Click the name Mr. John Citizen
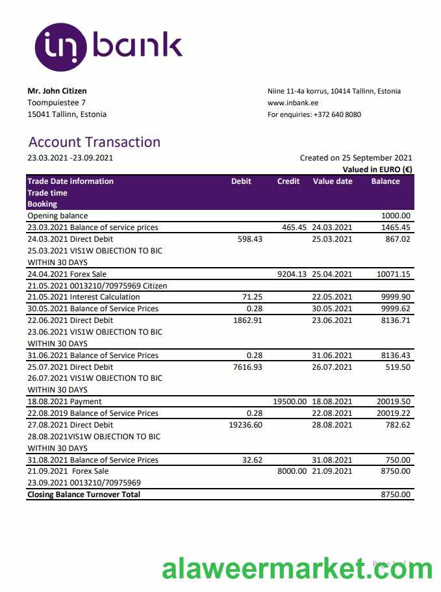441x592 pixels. [57, 91]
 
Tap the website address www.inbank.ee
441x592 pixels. [293, 103]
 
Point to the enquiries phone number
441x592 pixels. [338, 114]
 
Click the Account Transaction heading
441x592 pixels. [94, 142]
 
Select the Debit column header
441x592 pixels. [241, 181]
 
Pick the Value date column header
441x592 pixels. [333, 181]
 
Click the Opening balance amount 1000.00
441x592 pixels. [396, 216]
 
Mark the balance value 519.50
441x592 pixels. [397, 367]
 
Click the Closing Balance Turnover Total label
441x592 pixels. [84, 495]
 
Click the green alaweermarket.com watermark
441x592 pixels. [296, 569]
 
